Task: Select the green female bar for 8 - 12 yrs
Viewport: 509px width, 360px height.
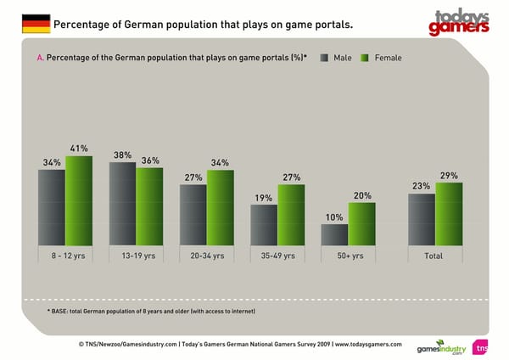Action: pyautogui.click(x=79, y=200)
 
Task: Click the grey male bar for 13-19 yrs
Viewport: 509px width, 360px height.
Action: pyautogui.click(x=122, y=204)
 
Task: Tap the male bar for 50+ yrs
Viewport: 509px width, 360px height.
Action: pyautogui.click(x=334, y=234)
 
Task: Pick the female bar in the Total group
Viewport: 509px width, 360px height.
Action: pyautogui.click(x=450, y=214)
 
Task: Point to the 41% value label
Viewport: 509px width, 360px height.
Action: pyautogui.click(x=79, y=149)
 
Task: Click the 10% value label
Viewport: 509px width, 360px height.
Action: pyautogui.click(x=334, y=217)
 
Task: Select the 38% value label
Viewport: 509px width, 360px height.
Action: pyautogui.click(x=121, y=155)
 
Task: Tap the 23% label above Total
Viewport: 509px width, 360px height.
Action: pyautogui.click(x=421, y=187)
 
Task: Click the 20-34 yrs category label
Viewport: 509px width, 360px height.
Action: pyautogui.click(x=206, y=255)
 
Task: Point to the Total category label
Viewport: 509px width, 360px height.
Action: pyautogui.click(x=435, y=255)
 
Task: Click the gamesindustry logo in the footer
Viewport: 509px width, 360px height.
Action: pyautogui.click(x=441, y=347)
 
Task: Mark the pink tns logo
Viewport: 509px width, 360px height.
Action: pyautogui.click(x=481, y=347)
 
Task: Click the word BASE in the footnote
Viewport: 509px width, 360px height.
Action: pyautogui.click(x=65, y=312)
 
